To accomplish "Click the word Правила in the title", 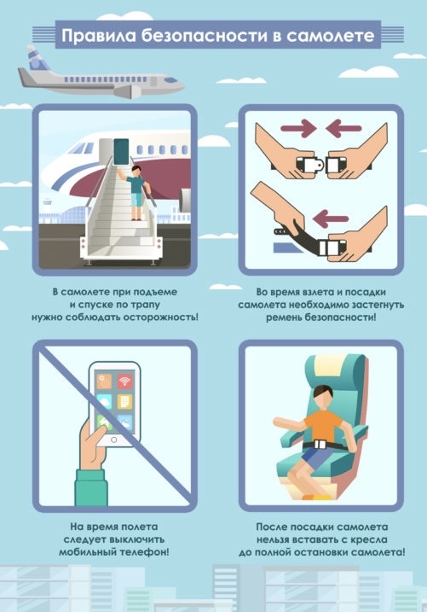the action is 99,36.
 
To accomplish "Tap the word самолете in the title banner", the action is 331,36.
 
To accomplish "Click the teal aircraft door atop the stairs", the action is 121,151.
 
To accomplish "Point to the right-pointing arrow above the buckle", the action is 298,128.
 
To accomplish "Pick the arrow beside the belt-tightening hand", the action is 332,219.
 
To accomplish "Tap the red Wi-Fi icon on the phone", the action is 124,381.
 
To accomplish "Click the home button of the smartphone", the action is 113,440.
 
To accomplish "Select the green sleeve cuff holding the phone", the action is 91,487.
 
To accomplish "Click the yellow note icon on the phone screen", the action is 124,401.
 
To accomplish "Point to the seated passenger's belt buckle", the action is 320,444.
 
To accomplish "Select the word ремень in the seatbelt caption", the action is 284,317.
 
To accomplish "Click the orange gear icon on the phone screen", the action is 104,381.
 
